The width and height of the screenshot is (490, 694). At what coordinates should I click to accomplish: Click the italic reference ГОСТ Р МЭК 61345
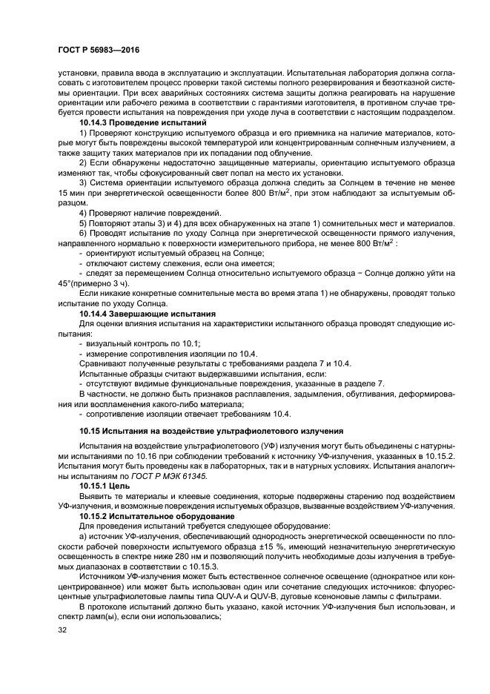click(x=170, y=475)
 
